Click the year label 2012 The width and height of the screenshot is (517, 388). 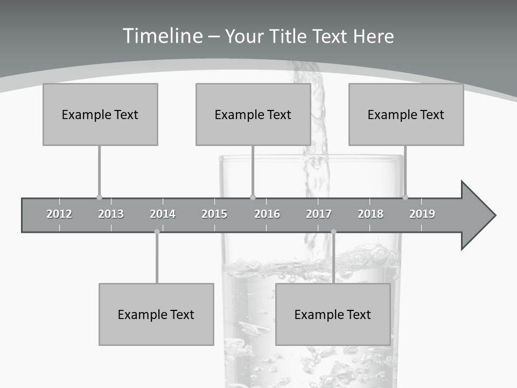59,214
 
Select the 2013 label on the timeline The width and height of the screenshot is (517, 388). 111,214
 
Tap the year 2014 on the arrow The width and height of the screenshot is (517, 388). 163,214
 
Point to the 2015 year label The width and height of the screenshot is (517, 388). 214,214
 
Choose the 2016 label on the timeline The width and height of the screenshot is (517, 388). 267,214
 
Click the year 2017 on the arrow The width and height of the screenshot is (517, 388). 319,214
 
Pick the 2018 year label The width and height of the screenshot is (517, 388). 371,214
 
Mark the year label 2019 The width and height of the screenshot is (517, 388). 422,214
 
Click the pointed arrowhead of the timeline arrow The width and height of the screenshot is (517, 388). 482,216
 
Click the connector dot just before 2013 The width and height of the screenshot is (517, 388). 99,198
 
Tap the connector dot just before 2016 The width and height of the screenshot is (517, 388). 253,198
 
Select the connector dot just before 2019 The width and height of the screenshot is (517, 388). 405,198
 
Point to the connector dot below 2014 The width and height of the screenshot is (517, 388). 157,232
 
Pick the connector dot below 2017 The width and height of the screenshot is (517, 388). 333,232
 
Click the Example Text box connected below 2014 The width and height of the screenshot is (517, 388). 156,314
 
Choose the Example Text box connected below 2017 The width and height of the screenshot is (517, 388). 333,314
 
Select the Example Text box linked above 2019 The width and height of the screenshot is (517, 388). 406,114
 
